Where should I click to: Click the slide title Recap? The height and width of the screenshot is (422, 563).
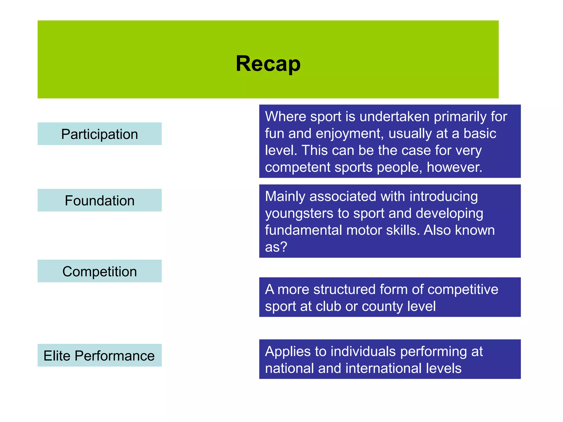point(268,64)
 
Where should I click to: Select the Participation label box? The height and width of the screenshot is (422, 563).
point(100,134)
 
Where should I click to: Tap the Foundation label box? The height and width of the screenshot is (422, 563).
point(100,200)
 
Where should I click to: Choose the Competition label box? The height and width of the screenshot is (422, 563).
point(100,271)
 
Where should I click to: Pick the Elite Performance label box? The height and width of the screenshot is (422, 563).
point(100,356)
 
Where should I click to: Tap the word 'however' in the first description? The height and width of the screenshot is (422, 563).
point(454,167)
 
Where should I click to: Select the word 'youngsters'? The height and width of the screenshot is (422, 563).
point(299,214)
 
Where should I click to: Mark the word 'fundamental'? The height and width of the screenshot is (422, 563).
point(303,230)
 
